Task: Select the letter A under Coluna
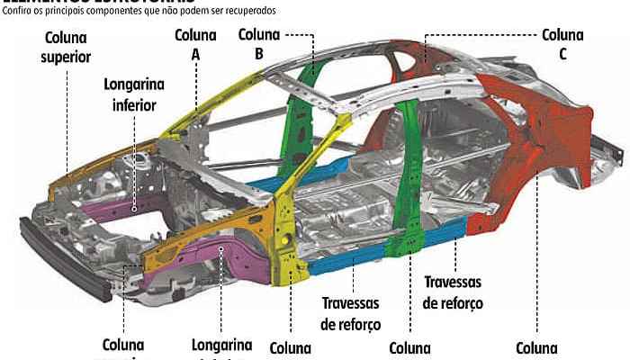[195, 54]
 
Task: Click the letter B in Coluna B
[259, 54]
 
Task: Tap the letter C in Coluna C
[562, 54]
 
